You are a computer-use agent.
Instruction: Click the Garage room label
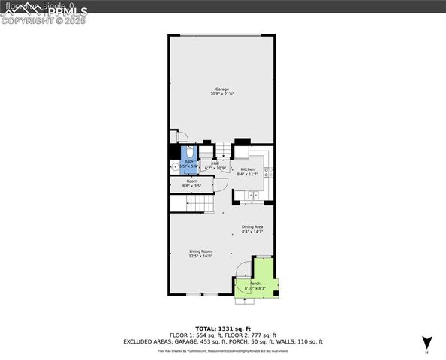(x=222, y=88)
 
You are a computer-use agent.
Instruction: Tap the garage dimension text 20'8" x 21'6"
(x=222, y=94)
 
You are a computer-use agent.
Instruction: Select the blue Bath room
(x=189, y=163)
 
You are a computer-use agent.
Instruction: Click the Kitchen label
(x=247, y=169)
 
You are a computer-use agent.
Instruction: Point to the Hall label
(x=215, y=163)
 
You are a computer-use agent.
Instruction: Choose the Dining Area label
(x=252, y=226)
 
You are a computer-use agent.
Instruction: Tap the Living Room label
(x=200, y=250)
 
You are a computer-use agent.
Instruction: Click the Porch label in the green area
(x=255, y=282)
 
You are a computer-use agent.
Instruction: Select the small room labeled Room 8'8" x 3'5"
(x=191, y=183)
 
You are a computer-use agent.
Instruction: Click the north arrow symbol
(x=426, y=341)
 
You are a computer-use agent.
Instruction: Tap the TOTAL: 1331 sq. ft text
(x=222, y=328)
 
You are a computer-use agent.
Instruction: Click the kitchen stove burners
(x=269, y=172)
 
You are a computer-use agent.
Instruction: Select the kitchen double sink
(x=253, y=196)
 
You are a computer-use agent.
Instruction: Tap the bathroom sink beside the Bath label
(x=174, y=166)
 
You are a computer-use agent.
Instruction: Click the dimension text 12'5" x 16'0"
(x=200, y=256)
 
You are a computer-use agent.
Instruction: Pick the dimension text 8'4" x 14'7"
(x=252, y=232)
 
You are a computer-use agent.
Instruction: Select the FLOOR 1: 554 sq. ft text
(x=191, y=334)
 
